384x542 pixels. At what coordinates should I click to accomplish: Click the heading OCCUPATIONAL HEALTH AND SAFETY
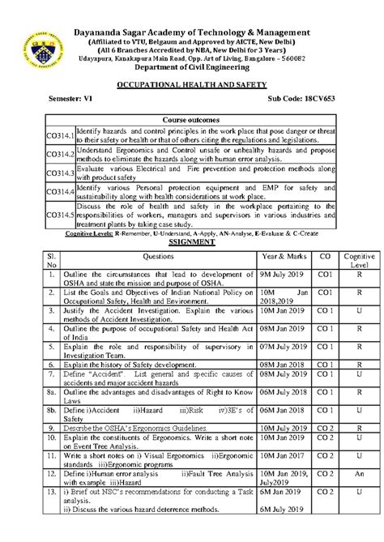[193, 83]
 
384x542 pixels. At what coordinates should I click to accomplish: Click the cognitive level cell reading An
[357, 474]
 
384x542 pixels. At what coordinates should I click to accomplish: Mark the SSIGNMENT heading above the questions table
[193, 241]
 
